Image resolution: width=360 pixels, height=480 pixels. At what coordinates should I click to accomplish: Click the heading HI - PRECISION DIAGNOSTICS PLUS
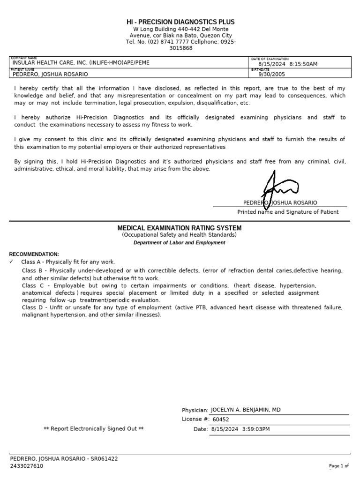pyautogui.click(x=180, y=22)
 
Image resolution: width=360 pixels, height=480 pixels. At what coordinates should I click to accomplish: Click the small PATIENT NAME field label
pyautogui.click(x=22, y=69)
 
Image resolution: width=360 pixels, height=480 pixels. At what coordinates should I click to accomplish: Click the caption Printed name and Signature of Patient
pyautogui.click(x=288, y=212)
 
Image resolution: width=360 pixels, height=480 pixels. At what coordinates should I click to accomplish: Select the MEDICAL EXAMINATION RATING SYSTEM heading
pyautogui.click(x=180, y=228)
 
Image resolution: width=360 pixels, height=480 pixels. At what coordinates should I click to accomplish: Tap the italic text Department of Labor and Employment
pyautogui.click(x=180, y=243)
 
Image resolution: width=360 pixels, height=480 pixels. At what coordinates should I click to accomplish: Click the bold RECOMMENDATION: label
pyautogui.click(x=34, y=254)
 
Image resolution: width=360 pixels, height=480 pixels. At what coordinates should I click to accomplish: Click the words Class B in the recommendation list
pyautogui.click(x=32, y=271)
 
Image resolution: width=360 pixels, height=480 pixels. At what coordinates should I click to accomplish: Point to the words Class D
pyautogui.click(x=32, y=307)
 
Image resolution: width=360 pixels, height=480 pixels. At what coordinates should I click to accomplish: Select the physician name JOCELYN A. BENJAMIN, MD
pyautogui.click(x=246, y=410)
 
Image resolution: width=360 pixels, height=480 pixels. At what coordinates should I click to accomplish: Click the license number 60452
pyautogui.click(x=221, y=420)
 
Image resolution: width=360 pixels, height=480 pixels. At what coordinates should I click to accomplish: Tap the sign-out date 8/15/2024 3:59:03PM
pyautogui.click(x=240, y=429)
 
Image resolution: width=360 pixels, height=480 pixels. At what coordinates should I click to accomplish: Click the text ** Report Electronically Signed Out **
pyautogui.click(x=93, y=429)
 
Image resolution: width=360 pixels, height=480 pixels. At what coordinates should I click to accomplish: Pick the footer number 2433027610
pyautogui.click(x=27, y=466)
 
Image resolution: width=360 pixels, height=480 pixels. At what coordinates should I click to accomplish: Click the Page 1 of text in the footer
pyautogui.click(x=339, y=466)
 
